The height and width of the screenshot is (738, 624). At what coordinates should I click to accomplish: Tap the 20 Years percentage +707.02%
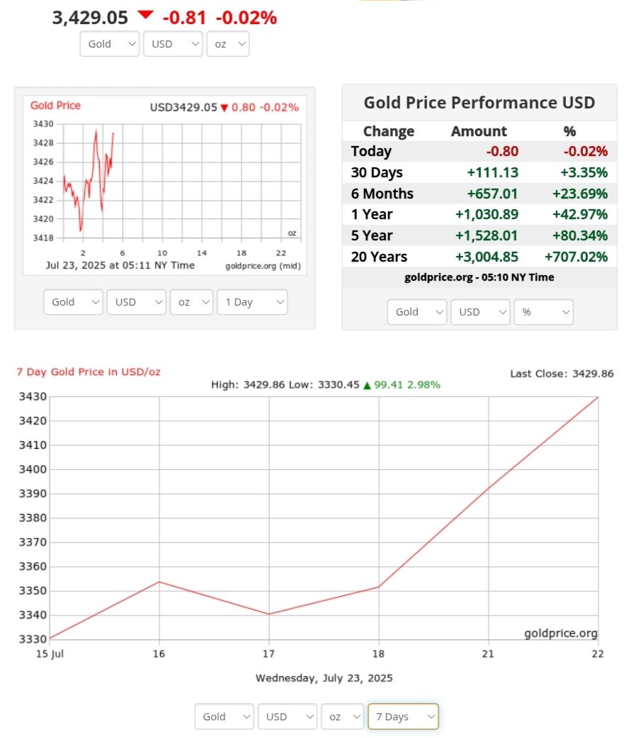(576, 257)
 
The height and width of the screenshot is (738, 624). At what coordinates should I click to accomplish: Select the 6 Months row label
(382, 194)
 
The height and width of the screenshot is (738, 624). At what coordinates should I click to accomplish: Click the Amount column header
(479, 131)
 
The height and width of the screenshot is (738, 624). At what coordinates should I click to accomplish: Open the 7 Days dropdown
(403, 717)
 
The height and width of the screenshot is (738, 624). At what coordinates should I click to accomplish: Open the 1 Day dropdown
(252, 302)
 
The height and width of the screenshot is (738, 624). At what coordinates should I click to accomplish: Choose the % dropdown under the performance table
(544, 312)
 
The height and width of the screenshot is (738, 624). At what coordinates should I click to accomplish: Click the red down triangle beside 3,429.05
(145, 15)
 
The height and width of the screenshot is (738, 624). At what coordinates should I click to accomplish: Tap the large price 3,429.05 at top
(90, 18)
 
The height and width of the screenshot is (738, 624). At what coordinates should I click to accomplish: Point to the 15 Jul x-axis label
(50, 654)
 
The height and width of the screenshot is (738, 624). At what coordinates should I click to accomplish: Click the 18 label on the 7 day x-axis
(378, 654)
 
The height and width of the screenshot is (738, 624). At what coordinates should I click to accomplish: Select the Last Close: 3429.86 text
(562, 374)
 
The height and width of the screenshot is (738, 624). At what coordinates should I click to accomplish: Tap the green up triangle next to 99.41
(367, 385)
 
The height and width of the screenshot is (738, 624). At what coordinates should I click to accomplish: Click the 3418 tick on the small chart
(43, 237)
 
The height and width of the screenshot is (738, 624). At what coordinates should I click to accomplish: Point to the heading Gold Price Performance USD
(479, 103)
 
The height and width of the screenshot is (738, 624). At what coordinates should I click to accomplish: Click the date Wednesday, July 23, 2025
(324, 678)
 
